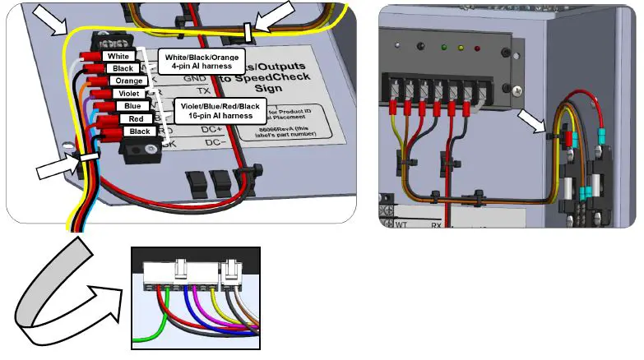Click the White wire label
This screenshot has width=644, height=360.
115,55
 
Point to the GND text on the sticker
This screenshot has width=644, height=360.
195,79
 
